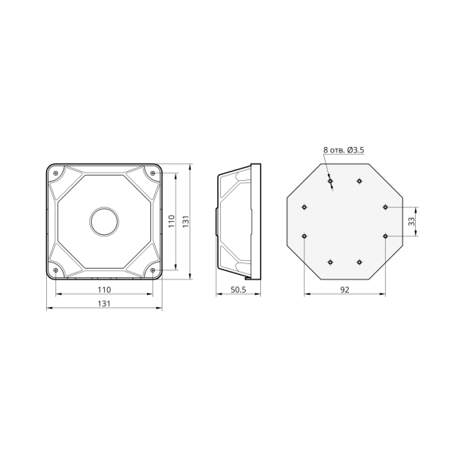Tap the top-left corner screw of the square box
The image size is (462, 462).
[55, 173]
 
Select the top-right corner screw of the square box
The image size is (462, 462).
[152, 173]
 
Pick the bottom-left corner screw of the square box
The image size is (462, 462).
[55, 270]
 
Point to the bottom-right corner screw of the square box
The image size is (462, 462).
[152, 270]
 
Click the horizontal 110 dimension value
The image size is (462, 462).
[104, 290]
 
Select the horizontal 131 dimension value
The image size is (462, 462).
[104, 303]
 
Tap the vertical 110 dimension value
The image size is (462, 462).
[172, 221]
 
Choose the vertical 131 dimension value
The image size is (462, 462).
[186, 221]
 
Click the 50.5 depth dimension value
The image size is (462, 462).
[238, 290]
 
